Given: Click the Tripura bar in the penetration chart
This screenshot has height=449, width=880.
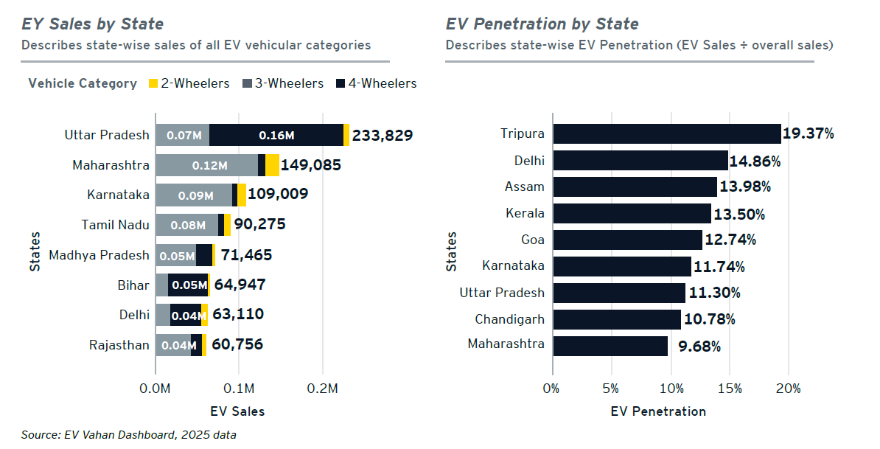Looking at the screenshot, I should coord(666,133).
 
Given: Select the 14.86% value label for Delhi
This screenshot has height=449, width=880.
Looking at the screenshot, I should coord(755,161).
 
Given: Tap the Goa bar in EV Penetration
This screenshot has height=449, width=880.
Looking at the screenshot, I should coord(627,240).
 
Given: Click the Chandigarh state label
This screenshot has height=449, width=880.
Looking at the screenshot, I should coord(509,319).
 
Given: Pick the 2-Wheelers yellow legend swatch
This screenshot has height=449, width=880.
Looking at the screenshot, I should coord(153,83).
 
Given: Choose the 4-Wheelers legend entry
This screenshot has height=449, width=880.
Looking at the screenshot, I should coord(377,83).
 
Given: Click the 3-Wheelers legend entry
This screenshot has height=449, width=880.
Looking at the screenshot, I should coord(283,83).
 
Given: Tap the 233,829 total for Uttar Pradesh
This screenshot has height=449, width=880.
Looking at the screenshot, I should coord(383,136).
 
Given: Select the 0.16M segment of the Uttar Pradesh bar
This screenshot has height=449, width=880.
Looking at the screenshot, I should coord(276,136).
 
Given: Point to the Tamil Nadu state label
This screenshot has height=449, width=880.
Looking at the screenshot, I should coord(115,225).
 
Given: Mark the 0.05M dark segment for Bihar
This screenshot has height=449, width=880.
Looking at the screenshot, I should coord(188,285).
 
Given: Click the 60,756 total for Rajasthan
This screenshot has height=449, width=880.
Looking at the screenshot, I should coord(237,344).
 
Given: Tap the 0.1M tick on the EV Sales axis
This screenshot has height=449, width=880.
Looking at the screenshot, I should coord(240,389).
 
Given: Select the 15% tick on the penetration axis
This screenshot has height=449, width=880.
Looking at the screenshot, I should coord(730,389).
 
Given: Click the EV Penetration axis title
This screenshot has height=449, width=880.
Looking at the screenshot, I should coord(658,411).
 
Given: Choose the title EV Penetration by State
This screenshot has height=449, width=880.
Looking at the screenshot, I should coord(542,24).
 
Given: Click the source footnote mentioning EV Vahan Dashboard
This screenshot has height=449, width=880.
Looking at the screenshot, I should coord(129,435).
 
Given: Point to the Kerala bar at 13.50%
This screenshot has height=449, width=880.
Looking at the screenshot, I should coord(632,213).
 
